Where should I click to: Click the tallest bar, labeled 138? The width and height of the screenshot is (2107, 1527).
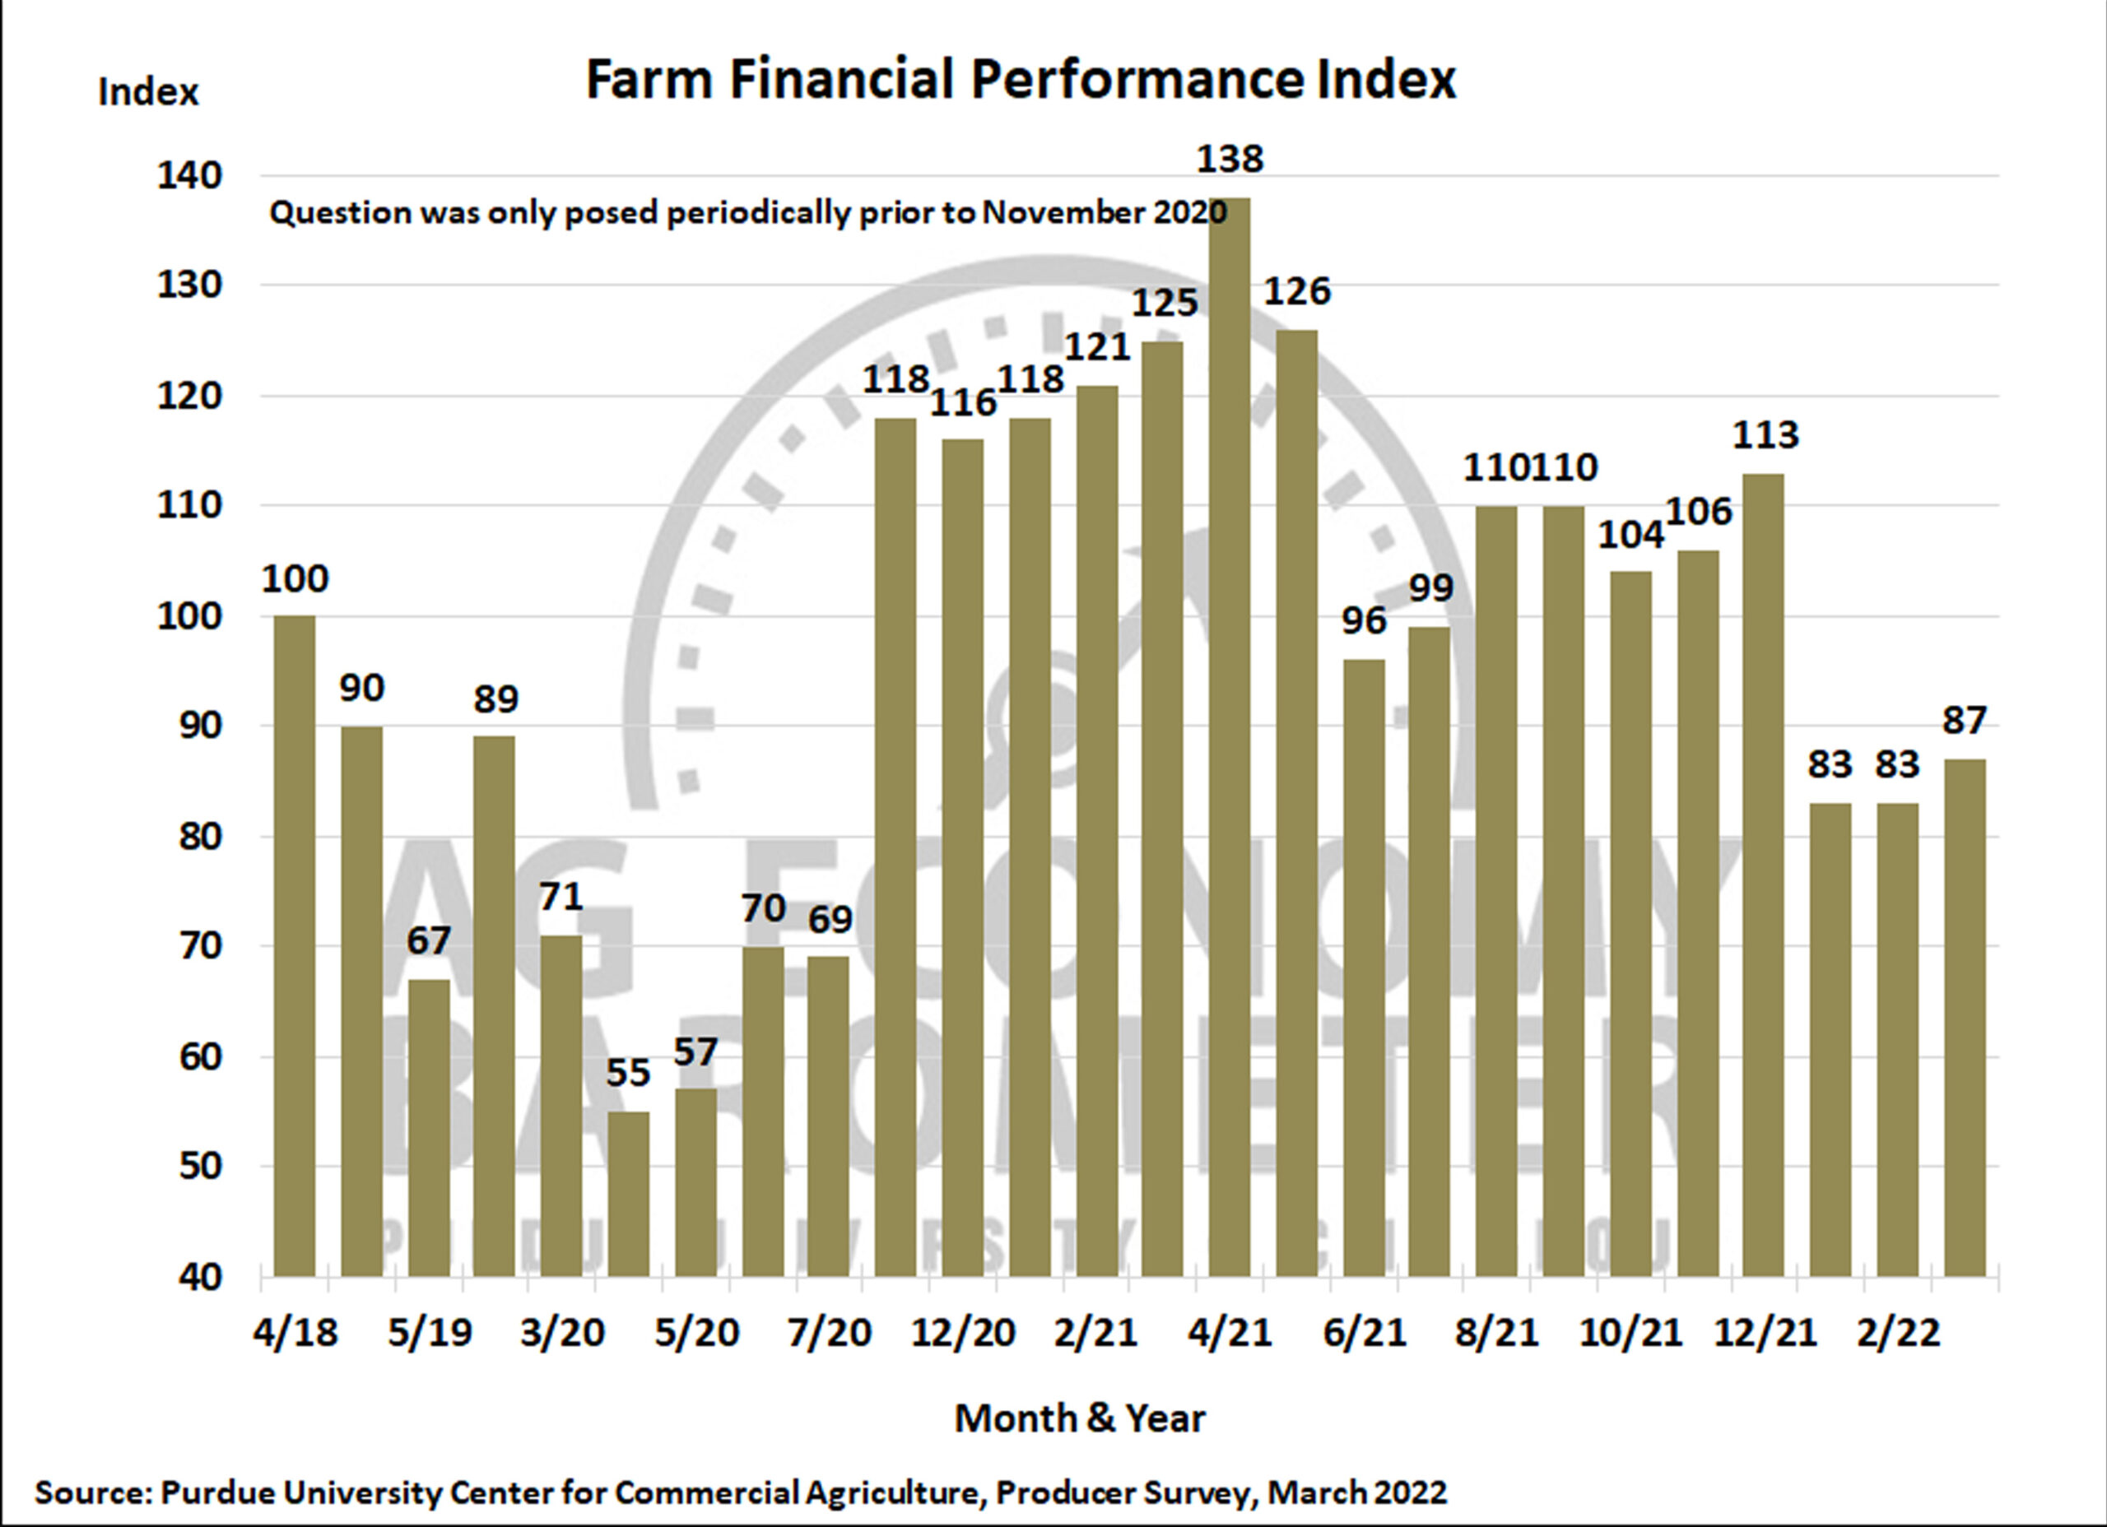point(1229,734)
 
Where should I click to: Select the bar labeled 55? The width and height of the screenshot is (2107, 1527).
point(629,1194)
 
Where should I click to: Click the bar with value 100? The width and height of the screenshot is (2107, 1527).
point(295,943)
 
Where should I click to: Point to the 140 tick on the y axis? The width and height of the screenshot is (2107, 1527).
point(189,175)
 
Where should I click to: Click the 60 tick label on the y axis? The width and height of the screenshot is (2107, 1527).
point(200,1056)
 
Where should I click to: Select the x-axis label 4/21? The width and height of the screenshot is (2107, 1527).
point(1228,1333)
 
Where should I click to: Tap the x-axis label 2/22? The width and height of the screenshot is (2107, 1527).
point(1898,1333)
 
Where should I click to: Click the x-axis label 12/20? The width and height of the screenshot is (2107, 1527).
point(962,1333)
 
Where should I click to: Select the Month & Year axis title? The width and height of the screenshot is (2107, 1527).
point(1080,1418)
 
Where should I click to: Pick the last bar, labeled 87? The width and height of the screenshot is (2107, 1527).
point(1965,1017)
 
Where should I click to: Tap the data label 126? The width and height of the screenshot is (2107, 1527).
point(1297,291)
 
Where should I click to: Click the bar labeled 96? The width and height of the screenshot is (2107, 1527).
point(1364,966)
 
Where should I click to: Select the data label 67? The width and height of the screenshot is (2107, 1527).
point(428,941)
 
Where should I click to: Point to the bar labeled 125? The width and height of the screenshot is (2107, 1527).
point(1162,808)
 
